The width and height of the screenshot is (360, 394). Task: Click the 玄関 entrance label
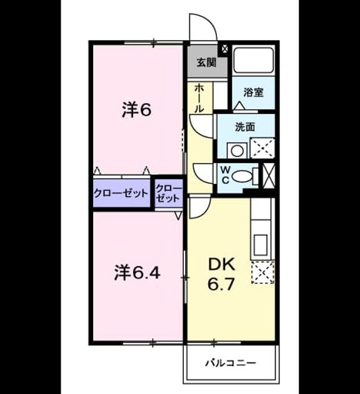[x=206, y=63]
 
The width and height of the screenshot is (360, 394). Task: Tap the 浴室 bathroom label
[x=253, y=92]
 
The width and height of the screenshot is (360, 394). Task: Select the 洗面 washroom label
[x=245, y=127]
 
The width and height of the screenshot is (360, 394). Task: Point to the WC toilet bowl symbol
[x=242, y=176]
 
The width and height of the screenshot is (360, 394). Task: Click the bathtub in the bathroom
[x=253, y=60]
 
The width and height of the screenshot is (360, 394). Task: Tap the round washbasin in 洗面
[x=237, y=151]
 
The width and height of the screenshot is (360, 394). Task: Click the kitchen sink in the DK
[x=261, y=245]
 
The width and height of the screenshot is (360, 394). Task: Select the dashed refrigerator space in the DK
[x=263, y=273]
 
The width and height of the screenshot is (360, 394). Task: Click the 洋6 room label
[x=137, y=110]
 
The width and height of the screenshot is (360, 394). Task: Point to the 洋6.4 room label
[x=137, y=273]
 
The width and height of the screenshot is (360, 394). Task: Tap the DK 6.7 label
[x=221, y=274]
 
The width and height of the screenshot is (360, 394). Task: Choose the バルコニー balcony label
[x=231, y=363]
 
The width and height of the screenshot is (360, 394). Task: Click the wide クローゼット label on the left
[x=121, y=193]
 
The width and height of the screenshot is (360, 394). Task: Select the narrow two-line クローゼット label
[x=169, y=193]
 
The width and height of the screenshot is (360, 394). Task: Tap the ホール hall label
[x=199, y=98]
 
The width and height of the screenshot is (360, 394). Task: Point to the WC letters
[x=226, y=175]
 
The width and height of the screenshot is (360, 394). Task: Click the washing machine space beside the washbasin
[x=262, y=148]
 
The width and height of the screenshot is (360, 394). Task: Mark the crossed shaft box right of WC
[x=268, y=175]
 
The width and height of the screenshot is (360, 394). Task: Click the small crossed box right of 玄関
[x=224, y=49]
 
